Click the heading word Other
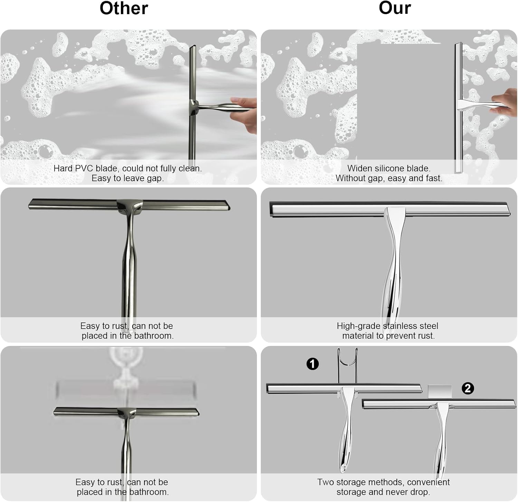click(x=124, y=8)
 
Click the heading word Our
click(x=395, y=8)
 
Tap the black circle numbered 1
click(x=313, y=364)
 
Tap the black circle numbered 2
click(x=468, y=388)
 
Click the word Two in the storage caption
click(x=325, y=482)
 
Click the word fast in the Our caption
click(x=434, y=178)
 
